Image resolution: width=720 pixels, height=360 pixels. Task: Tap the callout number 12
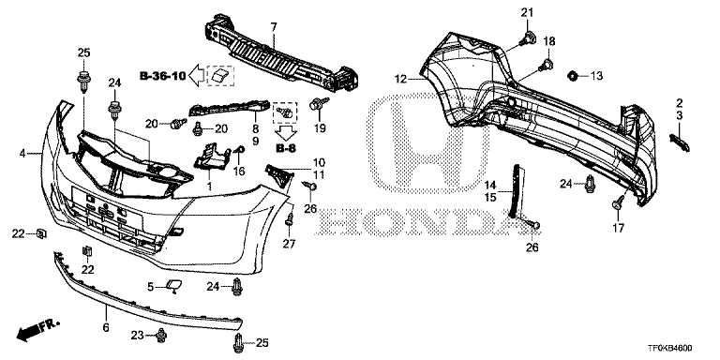(x=400, y=80)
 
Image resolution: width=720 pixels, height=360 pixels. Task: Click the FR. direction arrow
(x=37, y=330)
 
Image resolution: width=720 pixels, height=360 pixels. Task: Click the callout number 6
(x=105, y=328)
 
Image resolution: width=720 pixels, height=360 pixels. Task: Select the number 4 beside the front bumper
(x=22, y=151)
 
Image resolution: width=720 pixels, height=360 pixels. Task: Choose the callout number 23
(x=138, y=336)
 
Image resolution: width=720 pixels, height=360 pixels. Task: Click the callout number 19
(x=320, y=127)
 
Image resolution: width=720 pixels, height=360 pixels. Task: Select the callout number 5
(x=151, y=286)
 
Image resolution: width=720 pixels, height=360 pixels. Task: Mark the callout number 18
(x=549, y=41)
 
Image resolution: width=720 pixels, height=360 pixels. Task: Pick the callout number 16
(x=239, y=172)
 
